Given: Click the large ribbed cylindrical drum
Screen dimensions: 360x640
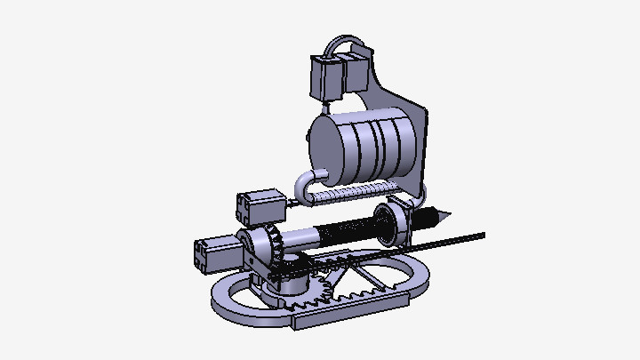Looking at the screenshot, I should click(x=373, y=142).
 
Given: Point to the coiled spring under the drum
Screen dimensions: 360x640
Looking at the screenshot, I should click(x=356, y=190).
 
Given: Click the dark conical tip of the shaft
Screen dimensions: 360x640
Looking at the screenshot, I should click(x=439, y=216).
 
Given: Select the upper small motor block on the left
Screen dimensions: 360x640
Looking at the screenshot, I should click(x=259, y=207).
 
